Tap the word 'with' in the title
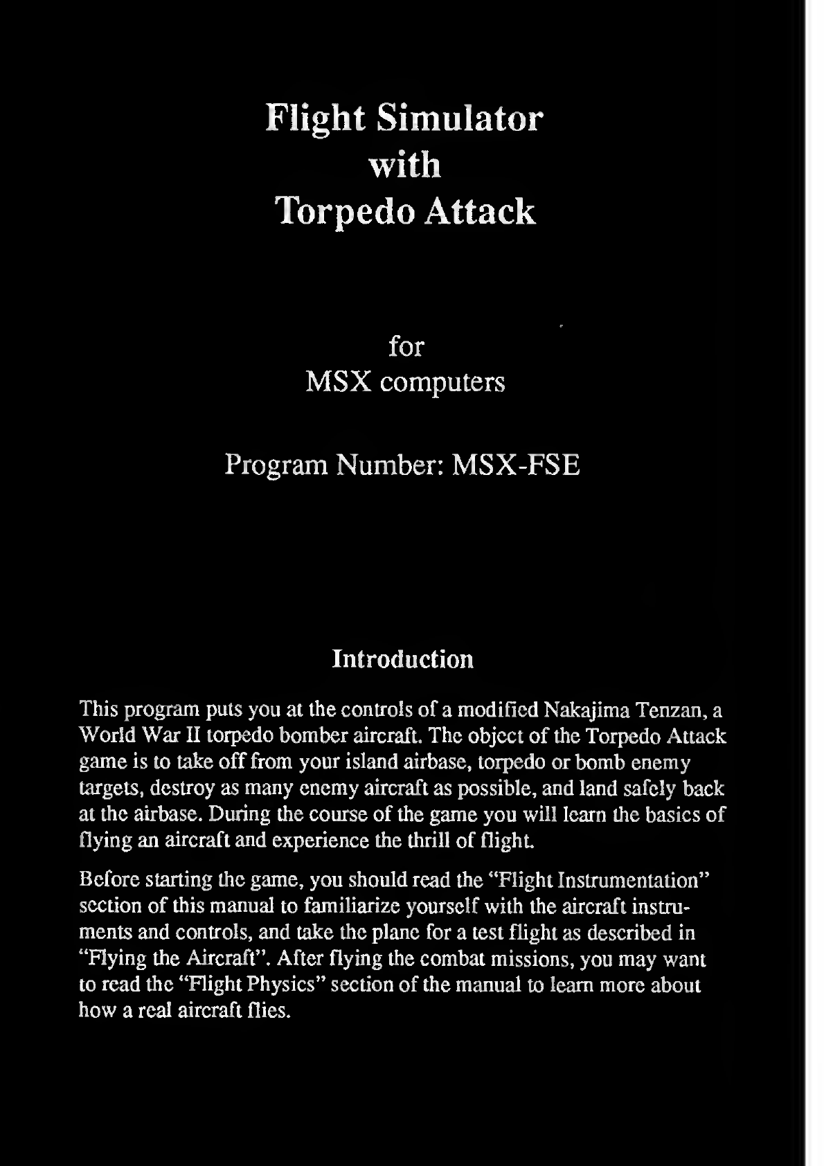405,165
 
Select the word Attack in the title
479,210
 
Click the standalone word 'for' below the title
406,346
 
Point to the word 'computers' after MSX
442,382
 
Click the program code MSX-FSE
515,465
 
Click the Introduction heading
402,658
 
